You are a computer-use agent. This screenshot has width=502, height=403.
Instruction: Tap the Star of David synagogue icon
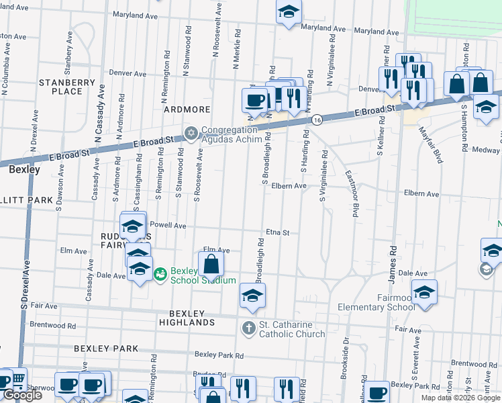(x=191, y=131)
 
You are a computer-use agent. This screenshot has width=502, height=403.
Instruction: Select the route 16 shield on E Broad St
(x=316, y=120)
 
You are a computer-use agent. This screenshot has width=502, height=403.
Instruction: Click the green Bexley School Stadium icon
(x=160, y=274)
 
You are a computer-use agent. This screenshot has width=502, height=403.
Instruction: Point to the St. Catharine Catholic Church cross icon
(x=248, y=328)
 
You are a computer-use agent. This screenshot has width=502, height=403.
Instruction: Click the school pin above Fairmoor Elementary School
(x=424, y=293)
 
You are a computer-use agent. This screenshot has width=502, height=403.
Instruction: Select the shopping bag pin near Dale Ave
(x=211, y=265)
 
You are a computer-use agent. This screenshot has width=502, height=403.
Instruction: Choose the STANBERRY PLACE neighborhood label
(x=67, y=87)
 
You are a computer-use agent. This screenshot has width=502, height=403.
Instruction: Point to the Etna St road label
(x=277, y=232)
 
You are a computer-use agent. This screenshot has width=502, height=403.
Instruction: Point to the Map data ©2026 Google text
(x=460, y=398)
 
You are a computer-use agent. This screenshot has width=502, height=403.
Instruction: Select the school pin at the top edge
(x=289, y=11)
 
